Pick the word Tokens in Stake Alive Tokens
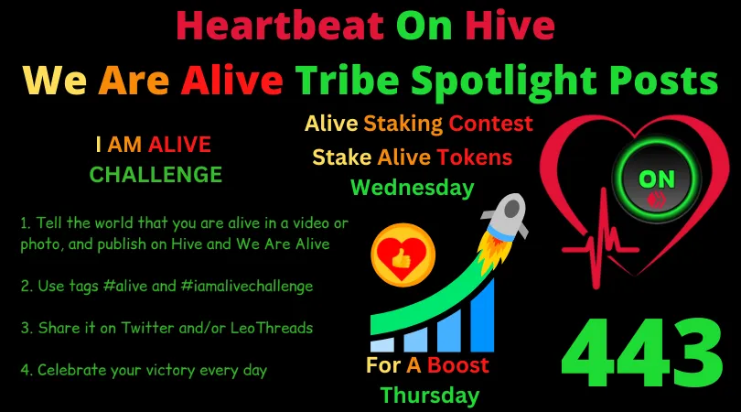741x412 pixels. click(474, 157)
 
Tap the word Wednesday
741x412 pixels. click(413, 188)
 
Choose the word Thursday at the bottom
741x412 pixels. click(429, 396)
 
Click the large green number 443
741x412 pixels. click(640, 352)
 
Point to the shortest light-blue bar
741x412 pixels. click(383, 344)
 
